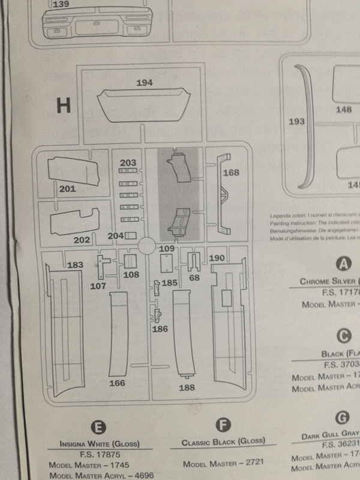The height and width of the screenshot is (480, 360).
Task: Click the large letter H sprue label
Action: [x=64, y=106]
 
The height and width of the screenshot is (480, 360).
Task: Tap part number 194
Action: [x=145, y=82]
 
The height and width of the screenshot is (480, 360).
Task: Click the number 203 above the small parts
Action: [x=128, y=163]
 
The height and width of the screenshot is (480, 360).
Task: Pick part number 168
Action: [x=232, y=173]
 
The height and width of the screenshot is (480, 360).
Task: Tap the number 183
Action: [x=76, y=265]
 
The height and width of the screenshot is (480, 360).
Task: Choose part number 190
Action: [x=217, y=257]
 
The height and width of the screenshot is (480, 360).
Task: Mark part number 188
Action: [x=187, y=388]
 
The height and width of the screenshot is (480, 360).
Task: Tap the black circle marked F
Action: [x=223, y=426]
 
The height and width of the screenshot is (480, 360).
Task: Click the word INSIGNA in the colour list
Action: [x=77, y=444]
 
